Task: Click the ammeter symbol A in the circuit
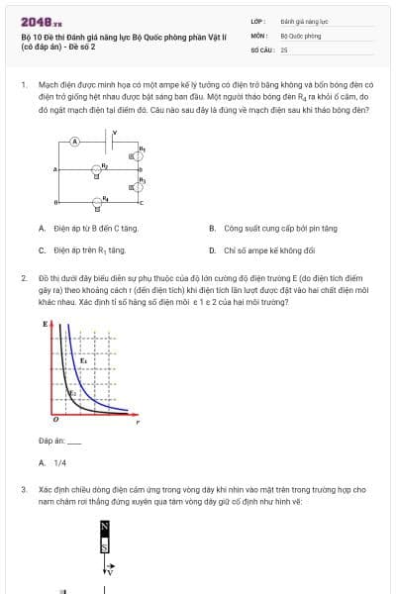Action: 74,142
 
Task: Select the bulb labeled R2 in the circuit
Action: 97,170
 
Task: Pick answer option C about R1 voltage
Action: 89,250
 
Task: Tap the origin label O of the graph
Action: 55,419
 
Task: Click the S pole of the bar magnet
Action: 104,545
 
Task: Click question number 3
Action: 23,489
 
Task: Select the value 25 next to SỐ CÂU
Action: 284,49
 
